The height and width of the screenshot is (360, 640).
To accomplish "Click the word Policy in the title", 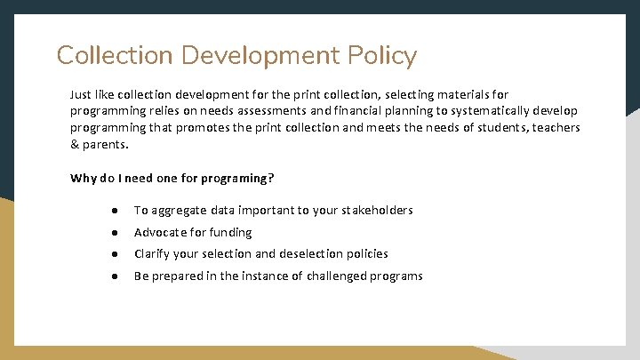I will coord(378,56).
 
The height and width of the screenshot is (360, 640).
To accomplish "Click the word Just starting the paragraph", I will coord(81,93).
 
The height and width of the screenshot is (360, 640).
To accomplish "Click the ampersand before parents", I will coord(75,144).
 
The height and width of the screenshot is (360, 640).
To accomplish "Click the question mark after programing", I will coord(272,178).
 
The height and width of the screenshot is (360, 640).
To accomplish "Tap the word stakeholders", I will coord(374,211).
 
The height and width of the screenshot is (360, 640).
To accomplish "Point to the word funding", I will coord(230,232).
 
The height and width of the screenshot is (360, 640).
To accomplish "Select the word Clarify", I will coord(152,253).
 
